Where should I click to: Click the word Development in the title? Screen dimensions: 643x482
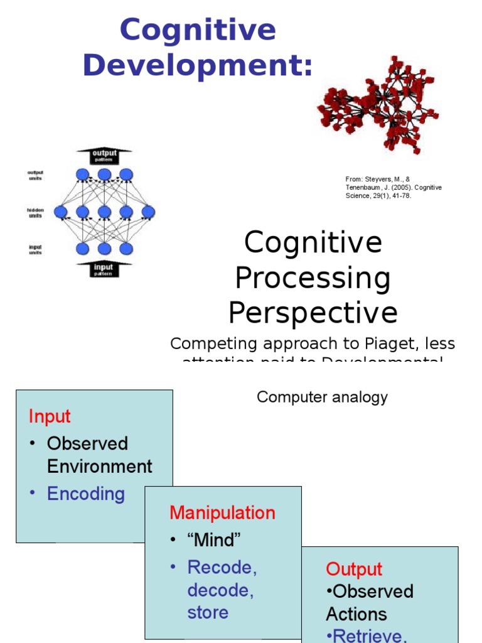[x=197, y=65]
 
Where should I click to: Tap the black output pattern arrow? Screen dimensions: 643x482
[x=104, y=154]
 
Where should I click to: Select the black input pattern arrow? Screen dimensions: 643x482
[x=104, y=269]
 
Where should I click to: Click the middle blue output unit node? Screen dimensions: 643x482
[x=104, y=175]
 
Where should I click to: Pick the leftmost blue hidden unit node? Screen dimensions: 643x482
[x=61, y=212]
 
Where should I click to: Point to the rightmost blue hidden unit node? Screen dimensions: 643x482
[x=148, y=212]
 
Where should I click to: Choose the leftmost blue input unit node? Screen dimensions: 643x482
[x=82, y=249]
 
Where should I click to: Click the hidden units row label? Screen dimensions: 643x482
[x=35, y=212]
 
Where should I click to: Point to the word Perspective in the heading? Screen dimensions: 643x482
[x=313, y=312]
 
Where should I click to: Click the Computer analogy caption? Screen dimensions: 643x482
[x=322, y=397]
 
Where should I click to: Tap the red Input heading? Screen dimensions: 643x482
[x=50, y=416]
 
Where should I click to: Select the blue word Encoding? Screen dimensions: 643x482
[x=85, y=494]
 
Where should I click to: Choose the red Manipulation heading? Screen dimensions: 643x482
[x=222, y=512]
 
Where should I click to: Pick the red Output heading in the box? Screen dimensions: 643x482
[x=354, y=569]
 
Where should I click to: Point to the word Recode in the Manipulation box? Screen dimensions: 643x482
[x=222, y=567]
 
